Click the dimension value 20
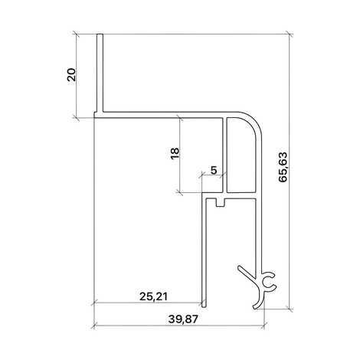coord(71,74)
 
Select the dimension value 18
coord(175,153)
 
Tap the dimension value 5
coord(214,170)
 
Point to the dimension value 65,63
coord(283,167)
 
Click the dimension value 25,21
coord(153,296)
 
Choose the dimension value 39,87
coord(183,319)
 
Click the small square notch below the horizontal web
coord(221,203)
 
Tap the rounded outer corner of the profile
coord(252,122)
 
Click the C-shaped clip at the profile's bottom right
coord(269,283)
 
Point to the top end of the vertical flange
coord(100,34)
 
